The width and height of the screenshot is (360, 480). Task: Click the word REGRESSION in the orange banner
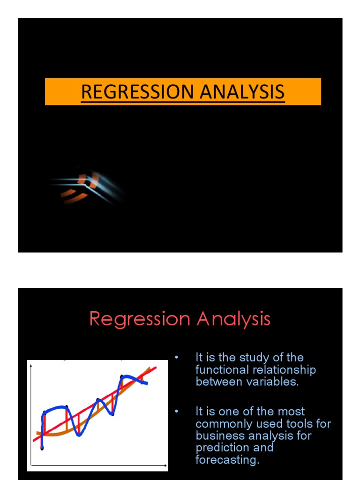click(x=133, y=92)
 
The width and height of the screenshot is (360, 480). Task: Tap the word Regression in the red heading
click(x=140, y=320)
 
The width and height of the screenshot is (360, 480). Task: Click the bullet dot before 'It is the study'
click(x=177, y=358)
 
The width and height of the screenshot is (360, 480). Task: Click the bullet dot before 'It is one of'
click(x=177, y=412)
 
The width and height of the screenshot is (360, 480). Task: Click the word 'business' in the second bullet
click(x=217, y=435)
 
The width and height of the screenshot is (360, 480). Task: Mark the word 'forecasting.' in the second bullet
click(x=227, y=460)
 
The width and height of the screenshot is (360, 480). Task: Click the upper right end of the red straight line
click(x=155, y=367)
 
